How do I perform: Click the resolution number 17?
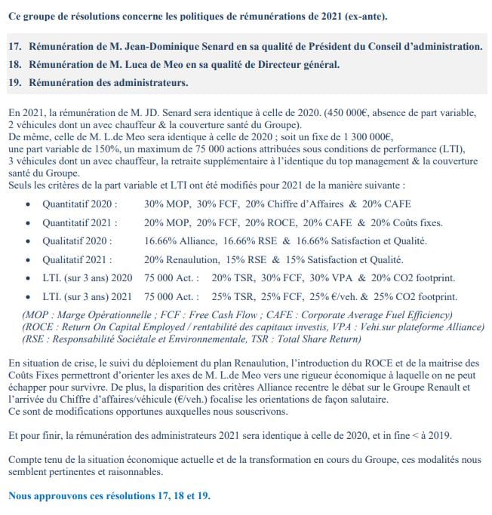[x=15, y=47]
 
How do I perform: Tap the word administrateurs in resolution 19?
[x=150, y=81]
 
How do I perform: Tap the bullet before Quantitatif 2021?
[x=28, y=222]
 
